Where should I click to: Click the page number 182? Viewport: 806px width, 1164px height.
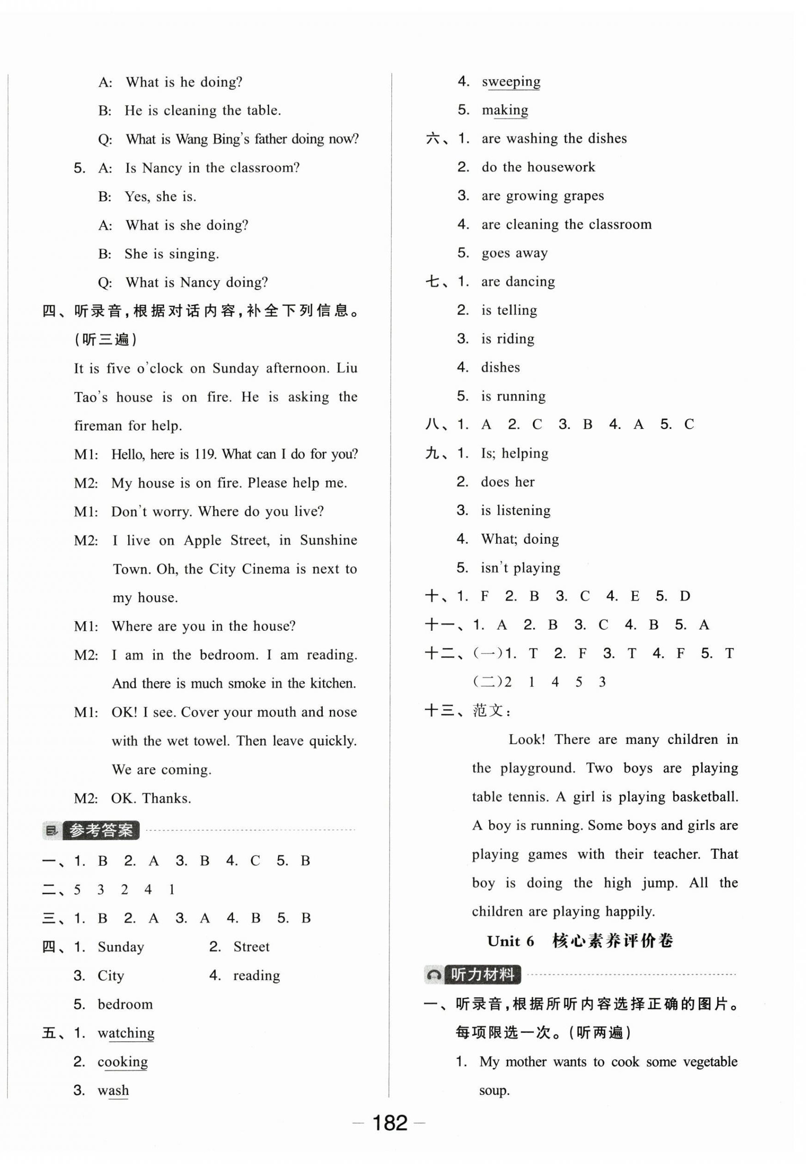(390, 1122)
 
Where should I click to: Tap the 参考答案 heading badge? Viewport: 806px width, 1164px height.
(101, 830)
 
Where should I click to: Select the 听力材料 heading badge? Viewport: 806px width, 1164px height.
(482, 974)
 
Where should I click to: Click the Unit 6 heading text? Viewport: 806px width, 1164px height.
(510, 941)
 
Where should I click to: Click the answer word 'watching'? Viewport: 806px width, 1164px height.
(126, 1033)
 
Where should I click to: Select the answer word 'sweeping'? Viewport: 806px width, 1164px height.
(510, 82)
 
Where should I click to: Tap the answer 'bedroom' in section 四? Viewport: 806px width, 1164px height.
(125, 1004)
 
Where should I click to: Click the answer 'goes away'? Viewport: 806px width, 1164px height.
(514, 253)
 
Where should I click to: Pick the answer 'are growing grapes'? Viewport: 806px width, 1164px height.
(542, 196)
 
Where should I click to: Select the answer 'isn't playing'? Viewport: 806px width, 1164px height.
(520, 567)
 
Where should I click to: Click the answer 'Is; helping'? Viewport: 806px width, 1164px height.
(514, 453)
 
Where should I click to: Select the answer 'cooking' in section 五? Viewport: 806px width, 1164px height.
(123, 1062)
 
